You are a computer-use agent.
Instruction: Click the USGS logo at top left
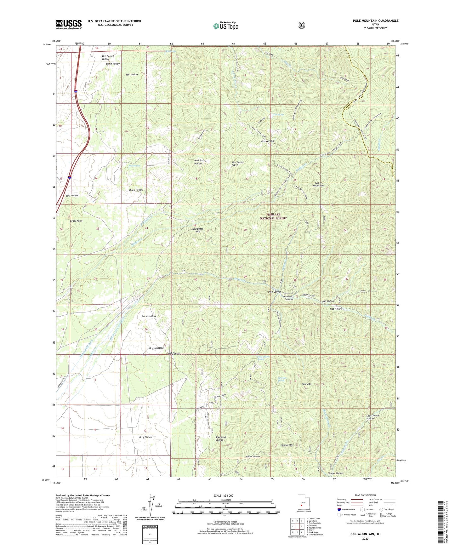coord(69,24)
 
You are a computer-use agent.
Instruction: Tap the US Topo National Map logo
coord(225,26)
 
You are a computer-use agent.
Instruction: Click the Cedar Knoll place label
coord(76,221)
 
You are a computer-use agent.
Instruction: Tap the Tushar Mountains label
coord(319,184)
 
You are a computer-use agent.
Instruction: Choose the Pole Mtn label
coord(306,384)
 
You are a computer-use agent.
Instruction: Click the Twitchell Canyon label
coord(287,298)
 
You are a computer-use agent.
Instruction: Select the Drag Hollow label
coord(145,437)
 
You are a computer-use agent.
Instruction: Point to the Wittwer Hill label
coord(267,141)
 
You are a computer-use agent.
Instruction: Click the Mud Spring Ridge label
coord(238,163)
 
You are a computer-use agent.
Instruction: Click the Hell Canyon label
coord(173,353)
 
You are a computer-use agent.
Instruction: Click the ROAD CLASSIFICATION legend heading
coord(365,495)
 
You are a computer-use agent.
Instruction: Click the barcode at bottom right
coord(442,523)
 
